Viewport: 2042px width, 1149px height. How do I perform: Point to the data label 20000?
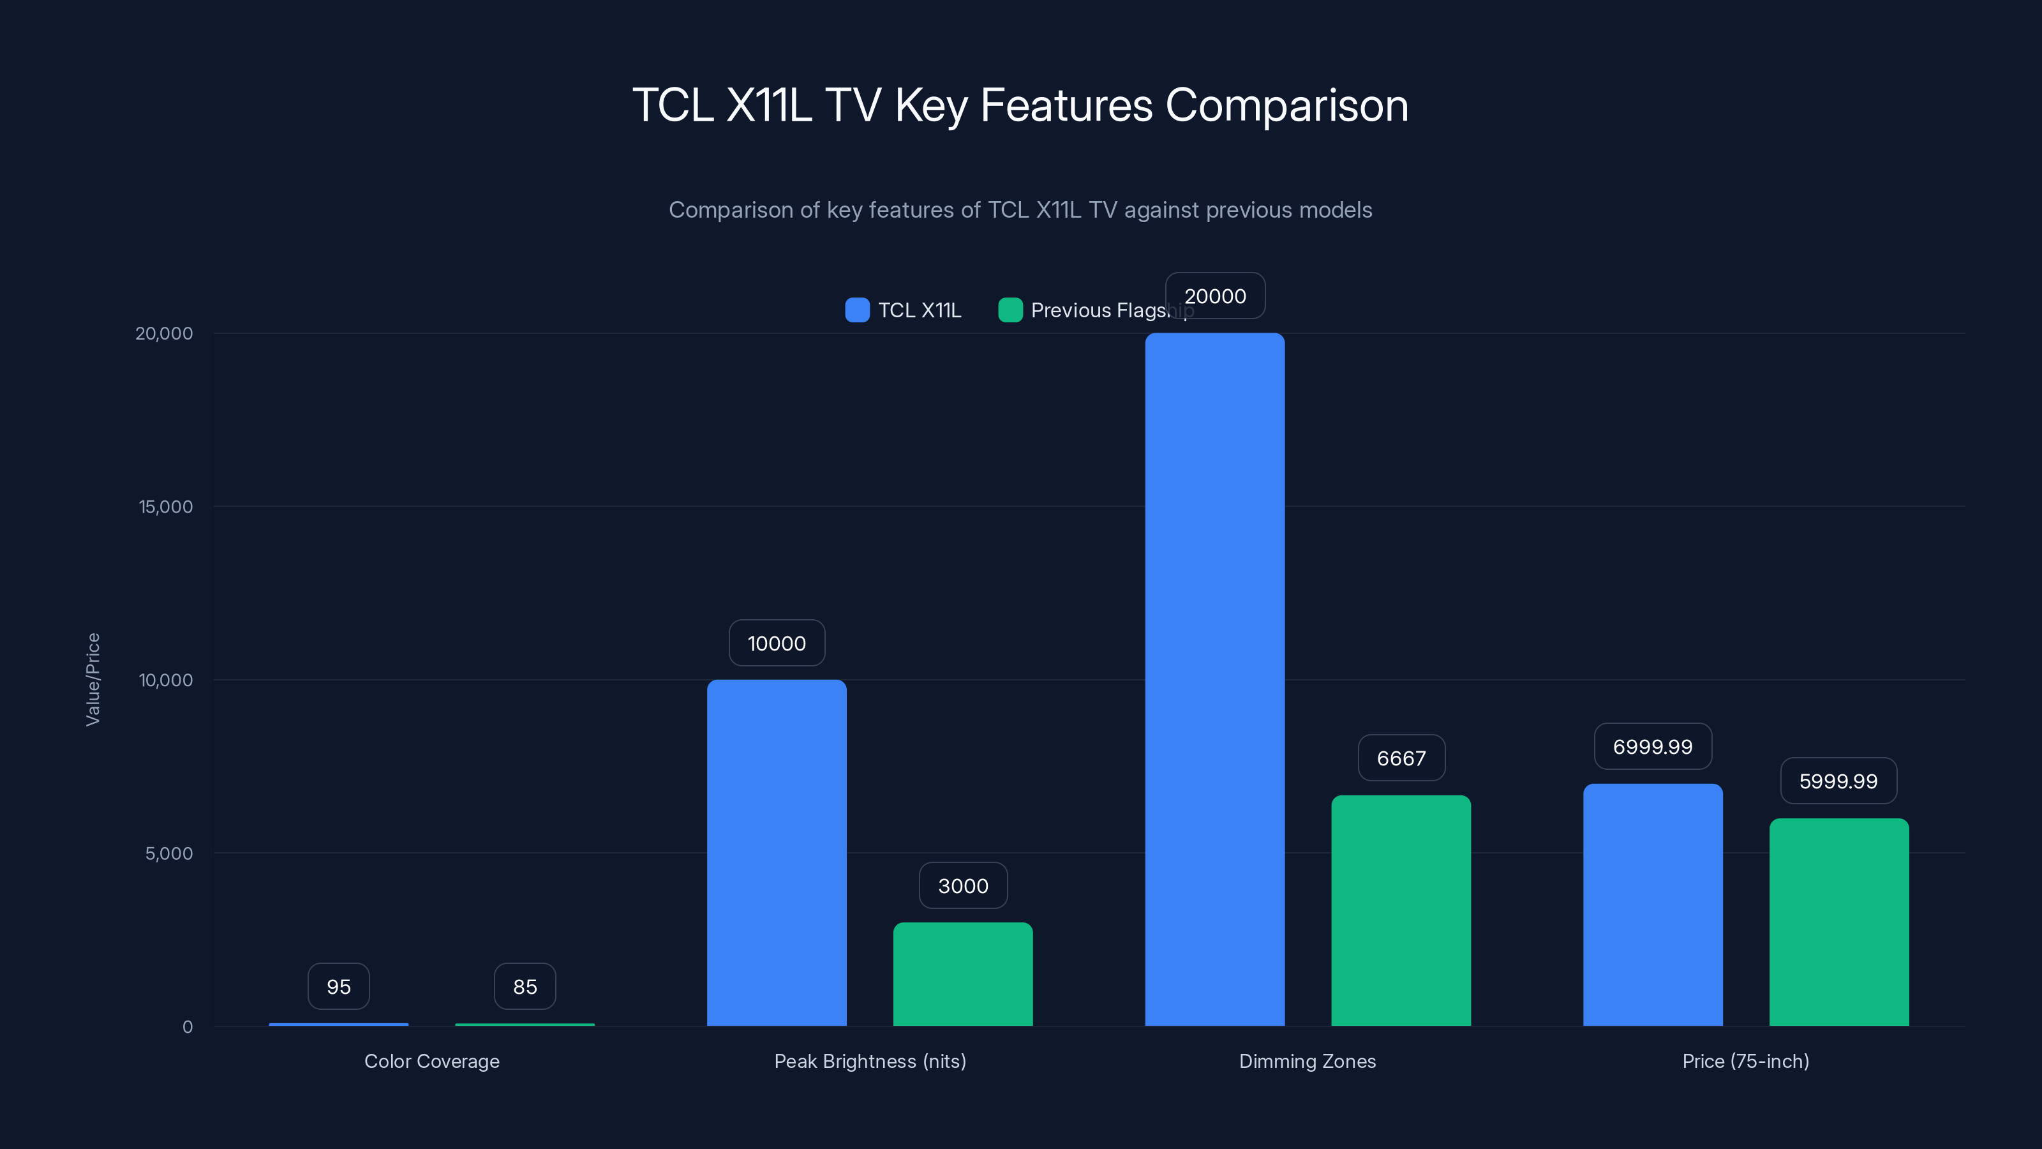(1215, 296)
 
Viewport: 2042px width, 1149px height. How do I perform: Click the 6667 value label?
(1401, 758)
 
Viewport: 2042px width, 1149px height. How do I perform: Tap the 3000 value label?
(963, 886)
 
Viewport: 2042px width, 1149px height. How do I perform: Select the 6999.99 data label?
(1653, 746)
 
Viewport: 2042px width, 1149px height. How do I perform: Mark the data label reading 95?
(338, 986)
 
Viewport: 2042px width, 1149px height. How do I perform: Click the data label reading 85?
(525, 986)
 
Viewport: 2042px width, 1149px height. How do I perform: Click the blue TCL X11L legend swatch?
(857, 310)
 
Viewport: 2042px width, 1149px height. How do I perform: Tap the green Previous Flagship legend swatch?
(1010, 310)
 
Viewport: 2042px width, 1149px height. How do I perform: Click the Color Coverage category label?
(432, 1061)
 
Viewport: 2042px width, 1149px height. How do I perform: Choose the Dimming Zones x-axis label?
(1307, 1061)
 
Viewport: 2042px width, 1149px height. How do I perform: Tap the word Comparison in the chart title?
(1286, 105)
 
